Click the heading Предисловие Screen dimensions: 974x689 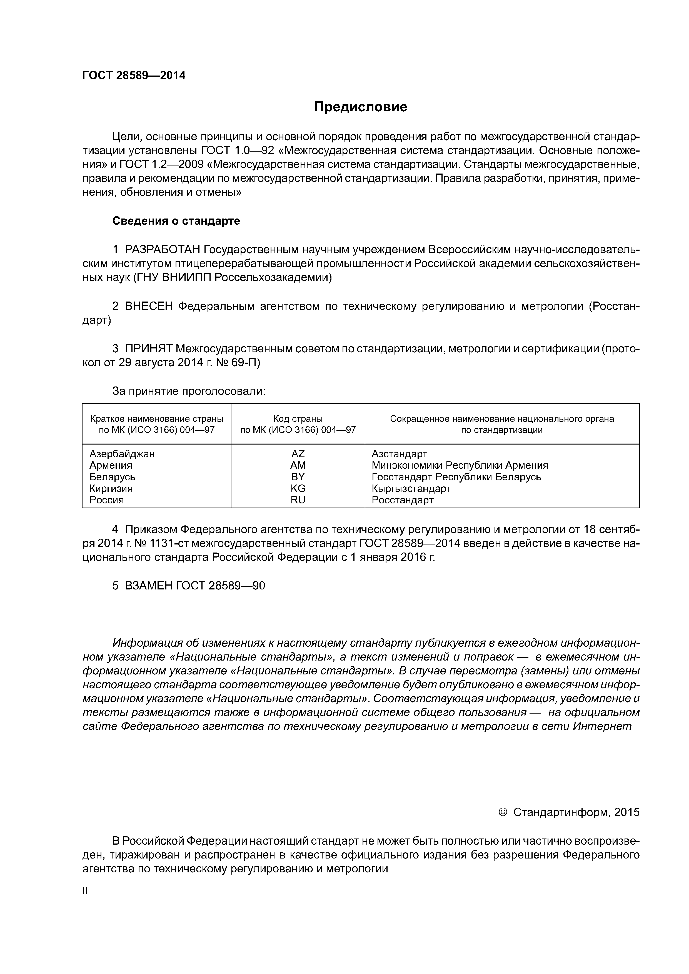click(x=360, y=107)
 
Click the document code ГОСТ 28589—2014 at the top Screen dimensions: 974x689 click(x=134, y=76)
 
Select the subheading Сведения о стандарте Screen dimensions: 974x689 click(x=176, y=221)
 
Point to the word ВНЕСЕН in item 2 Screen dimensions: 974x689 click(x=149, y=306)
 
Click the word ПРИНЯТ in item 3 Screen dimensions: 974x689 click(x=149, y=349)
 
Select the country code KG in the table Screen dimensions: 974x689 click(x=298, y=488)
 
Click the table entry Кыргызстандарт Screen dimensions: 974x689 click(x=411, y=488)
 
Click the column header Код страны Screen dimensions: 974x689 click(x=298, y=419)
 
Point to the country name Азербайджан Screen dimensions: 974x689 click(x=122, y=454)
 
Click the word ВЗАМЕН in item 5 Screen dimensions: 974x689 click(x=149, y=586)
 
